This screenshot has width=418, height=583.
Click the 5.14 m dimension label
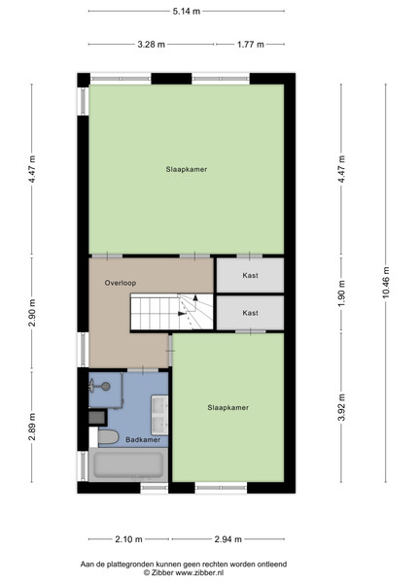point(187,12)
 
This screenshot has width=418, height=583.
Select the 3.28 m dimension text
point(152,45)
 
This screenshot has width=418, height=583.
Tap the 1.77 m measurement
point(251,45)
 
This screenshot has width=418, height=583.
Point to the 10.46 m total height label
point(385,283)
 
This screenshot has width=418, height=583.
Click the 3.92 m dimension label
point(341,407)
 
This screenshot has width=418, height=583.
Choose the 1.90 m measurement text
point(341,293)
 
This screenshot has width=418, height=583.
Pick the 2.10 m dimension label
point(128,539)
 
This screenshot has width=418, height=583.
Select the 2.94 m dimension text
point(228,539)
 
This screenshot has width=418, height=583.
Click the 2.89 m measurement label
point(32,427)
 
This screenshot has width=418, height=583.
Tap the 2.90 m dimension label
point(32,313)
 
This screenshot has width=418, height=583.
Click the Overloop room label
point(121,283)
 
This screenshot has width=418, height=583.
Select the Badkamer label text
point(143,440)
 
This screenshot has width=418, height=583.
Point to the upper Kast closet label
point(250,276)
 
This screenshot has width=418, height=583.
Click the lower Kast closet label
point(250,313)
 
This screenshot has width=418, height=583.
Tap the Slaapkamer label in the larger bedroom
point(187,169)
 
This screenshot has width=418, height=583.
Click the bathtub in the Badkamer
point(128,464)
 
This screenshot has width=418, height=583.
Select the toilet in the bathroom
point(108,437)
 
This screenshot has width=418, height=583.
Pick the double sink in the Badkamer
point(159,415)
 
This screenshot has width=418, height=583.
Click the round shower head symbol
point(106,387)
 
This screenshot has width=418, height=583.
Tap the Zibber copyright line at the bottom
point(184,573)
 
